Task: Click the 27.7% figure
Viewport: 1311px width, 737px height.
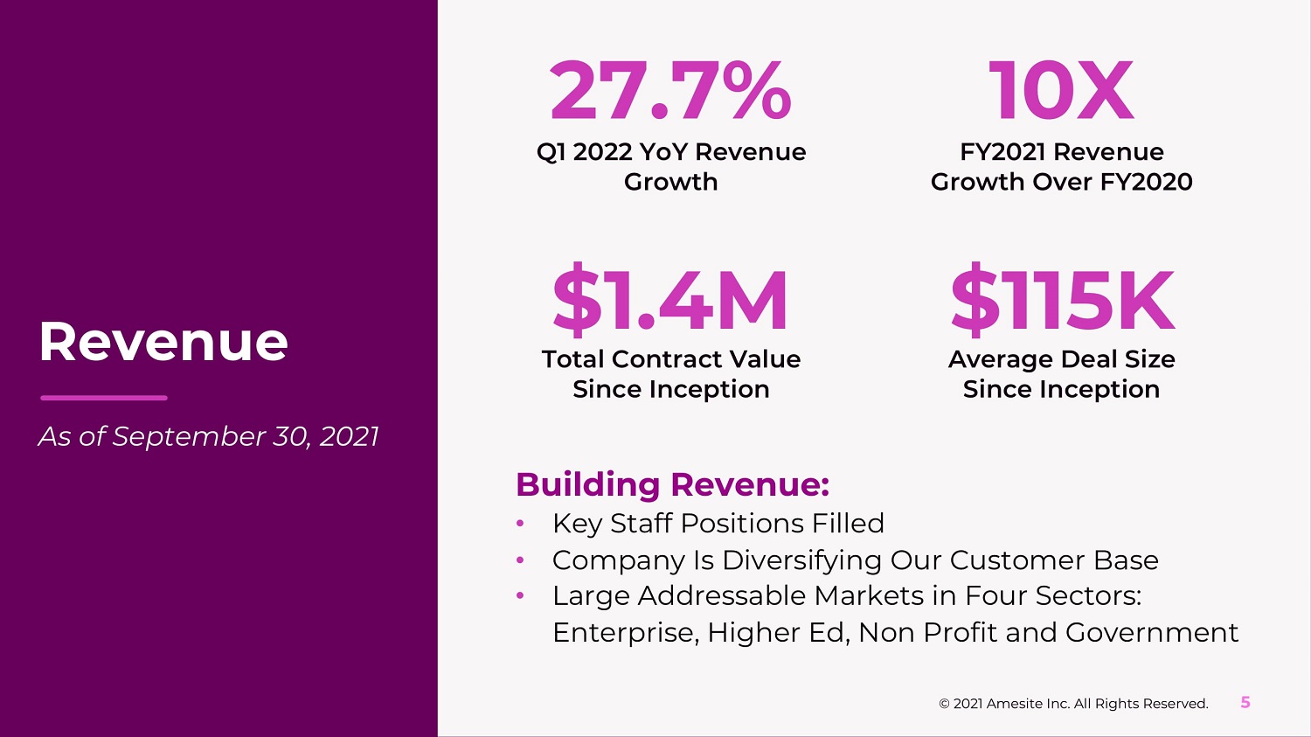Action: click(x=670, y=91)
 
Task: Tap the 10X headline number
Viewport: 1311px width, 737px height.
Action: click(x=1061, y=91)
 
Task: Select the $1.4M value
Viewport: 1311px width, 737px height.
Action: click(x=670, y=301)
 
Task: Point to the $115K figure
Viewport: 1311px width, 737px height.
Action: click(x=1062, y=301)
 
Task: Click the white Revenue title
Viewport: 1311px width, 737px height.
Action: click(x=163, y=341)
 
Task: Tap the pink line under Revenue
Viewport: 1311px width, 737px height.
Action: click(x=103, y=398)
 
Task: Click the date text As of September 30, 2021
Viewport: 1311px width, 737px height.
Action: click(x=208, y=436)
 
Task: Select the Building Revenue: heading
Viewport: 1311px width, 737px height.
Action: click(x=672, y=484)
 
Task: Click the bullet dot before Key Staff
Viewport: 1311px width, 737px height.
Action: click(x=520, y=524)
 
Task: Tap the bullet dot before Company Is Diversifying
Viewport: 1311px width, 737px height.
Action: click(x=520, y=560)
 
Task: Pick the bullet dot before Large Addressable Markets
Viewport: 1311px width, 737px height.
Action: click(x=520, y=595)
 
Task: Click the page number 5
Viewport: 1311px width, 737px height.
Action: click(x=1245, y=702)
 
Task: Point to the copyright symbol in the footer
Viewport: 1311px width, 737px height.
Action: click(x=944, y=704)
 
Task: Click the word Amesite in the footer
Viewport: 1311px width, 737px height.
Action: click(x=1014, y=704)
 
